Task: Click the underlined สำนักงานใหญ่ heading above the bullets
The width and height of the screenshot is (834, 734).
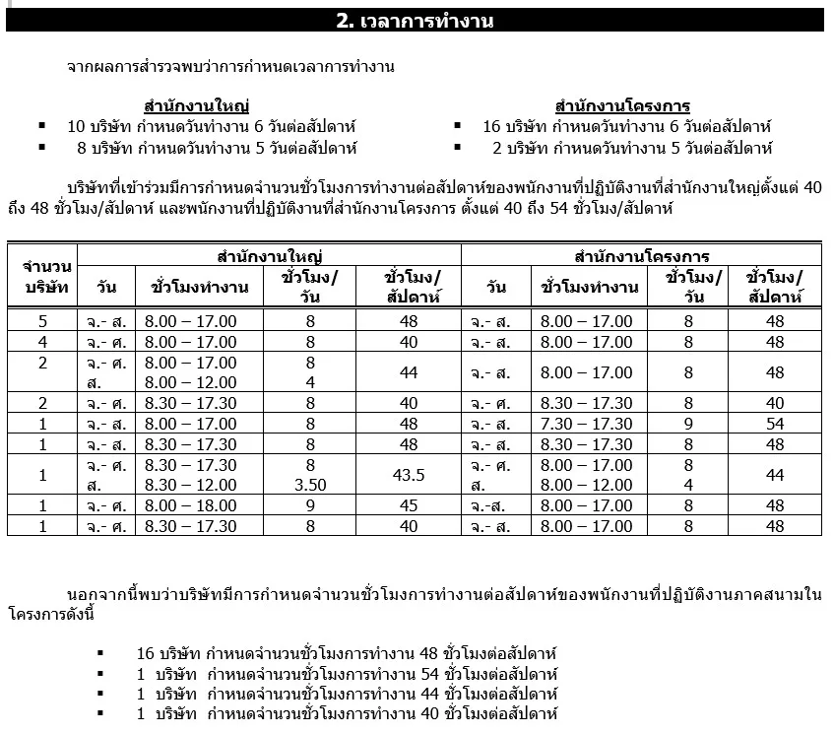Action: (196, 106)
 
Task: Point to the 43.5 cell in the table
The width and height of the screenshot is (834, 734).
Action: (408, 475)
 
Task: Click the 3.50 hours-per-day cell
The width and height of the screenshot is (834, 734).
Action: (310, 486)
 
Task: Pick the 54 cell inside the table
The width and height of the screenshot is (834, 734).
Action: (775, 424)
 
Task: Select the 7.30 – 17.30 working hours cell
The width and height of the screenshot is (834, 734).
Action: (586, 424)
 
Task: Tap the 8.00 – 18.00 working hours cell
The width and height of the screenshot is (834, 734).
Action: (190, 505)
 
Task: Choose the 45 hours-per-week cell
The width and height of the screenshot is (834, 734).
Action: (408, 505)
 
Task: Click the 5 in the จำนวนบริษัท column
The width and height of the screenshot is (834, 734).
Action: (42, 321)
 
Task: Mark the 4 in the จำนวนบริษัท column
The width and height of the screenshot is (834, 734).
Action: (42, 342)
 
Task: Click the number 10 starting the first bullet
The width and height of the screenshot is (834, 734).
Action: (77, 127)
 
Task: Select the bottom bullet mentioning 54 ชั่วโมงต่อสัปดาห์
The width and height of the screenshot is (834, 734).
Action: (348, 675)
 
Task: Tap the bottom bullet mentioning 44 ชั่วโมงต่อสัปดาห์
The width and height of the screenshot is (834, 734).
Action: (348, 695)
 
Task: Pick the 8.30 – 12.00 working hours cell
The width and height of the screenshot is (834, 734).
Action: (190, 486)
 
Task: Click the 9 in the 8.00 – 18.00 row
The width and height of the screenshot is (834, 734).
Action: (310, 505)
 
